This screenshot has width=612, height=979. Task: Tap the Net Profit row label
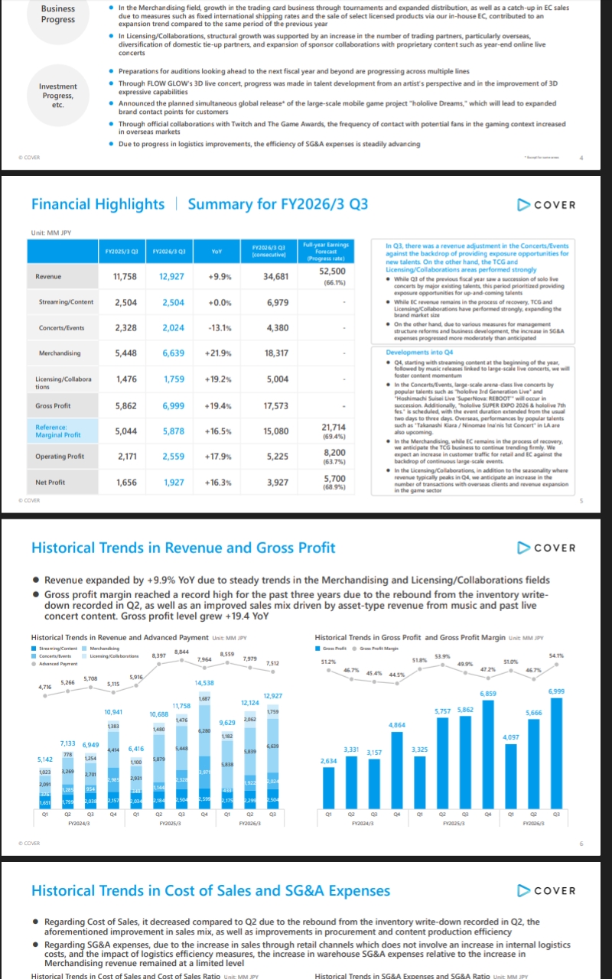click(50, 483)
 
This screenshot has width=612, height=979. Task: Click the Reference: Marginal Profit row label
click(58, 431)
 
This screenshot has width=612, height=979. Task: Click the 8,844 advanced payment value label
click(182, 651)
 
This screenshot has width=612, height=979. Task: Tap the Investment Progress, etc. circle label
click(58, 96)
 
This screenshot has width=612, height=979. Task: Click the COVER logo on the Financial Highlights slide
click(546, 204)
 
